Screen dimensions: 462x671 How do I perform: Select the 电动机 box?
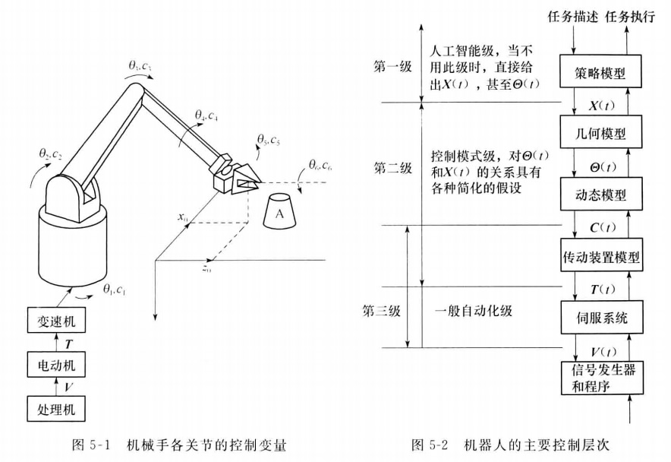55,366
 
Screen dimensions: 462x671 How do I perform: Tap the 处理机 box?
55,410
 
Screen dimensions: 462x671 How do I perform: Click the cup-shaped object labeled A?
280,214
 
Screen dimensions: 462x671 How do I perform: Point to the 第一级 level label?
394,66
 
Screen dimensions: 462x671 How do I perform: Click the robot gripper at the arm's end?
235,175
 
